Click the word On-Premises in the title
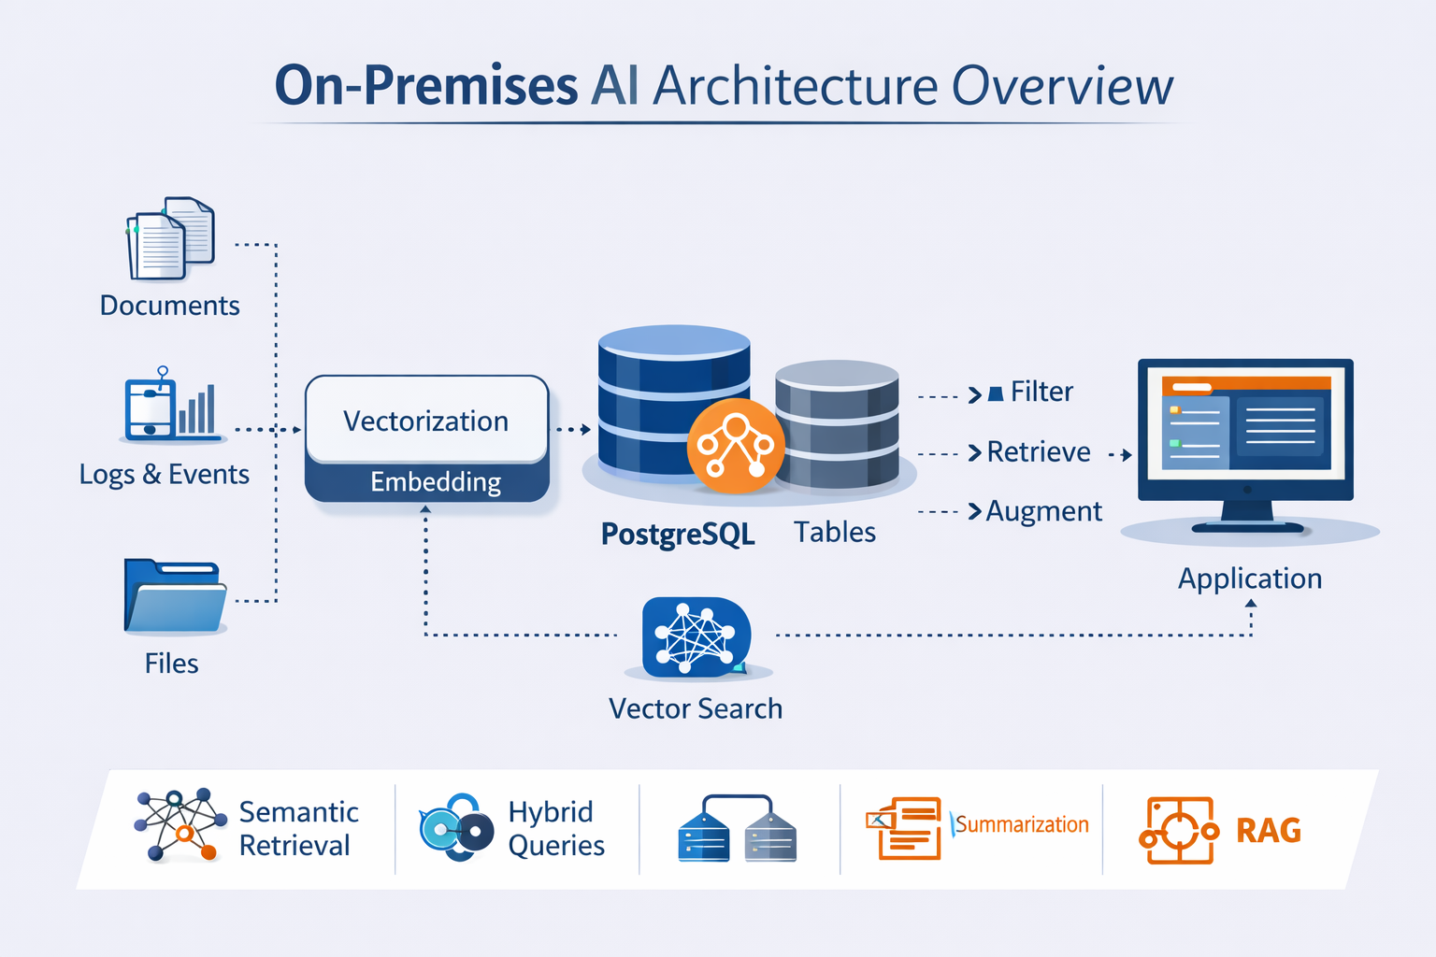(425, 86)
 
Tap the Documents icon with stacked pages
(170, 239)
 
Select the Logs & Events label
(165, 475)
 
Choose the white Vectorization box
(426, 421)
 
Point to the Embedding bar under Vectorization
(436, 482)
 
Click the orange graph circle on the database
(736, 446)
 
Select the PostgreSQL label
(678, 534)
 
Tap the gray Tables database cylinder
(837, 425)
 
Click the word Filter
(1041, 392)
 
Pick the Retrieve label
(1039, 452)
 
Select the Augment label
(1044, 511)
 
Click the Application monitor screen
(1245, 422)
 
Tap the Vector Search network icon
(696, 636)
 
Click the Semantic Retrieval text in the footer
(298, 828)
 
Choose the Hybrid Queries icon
(456, 828)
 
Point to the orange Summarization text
(1022, 824)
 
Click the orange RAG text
(1269, 830)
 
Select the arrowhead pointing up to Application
(1251, 604)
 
